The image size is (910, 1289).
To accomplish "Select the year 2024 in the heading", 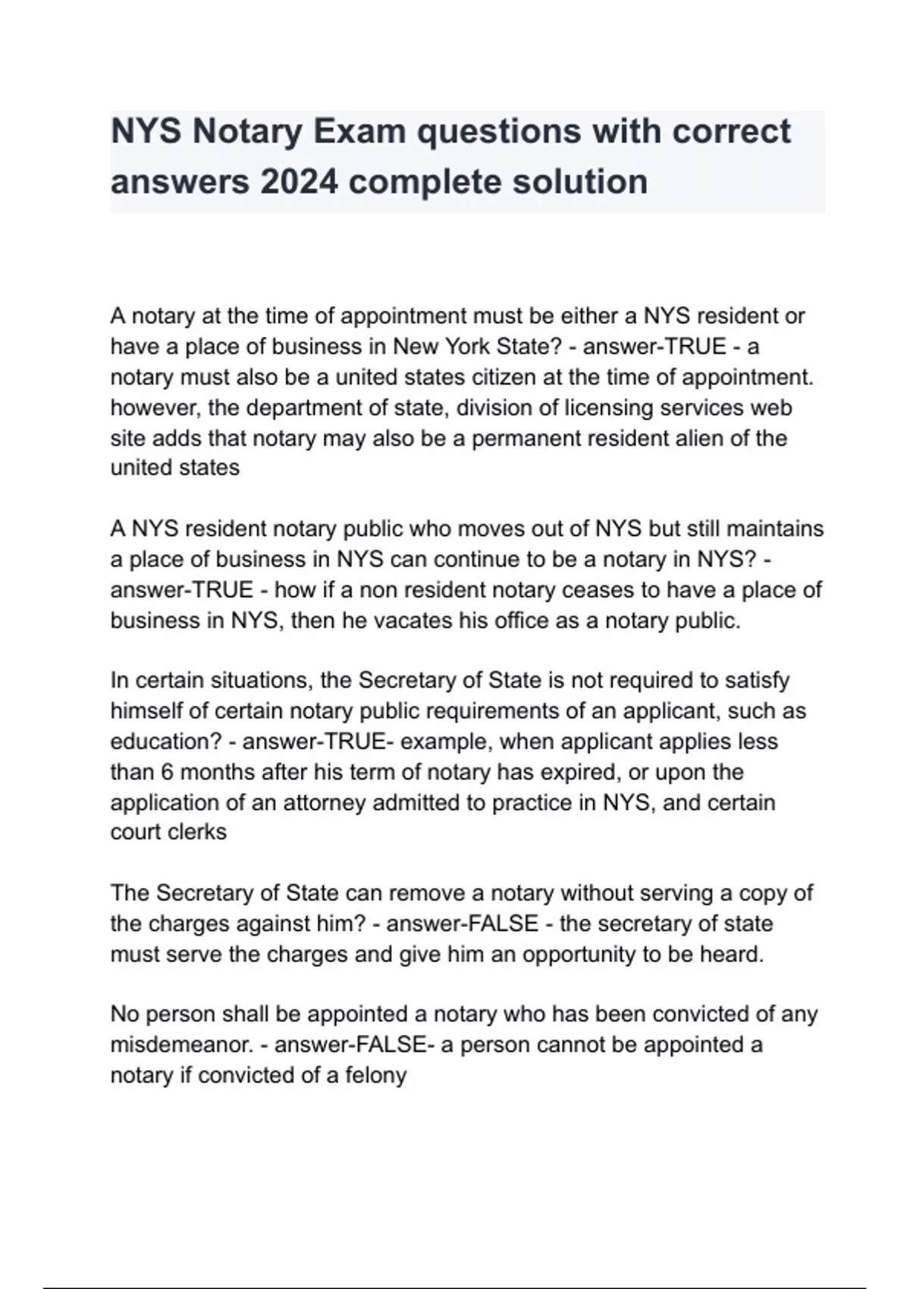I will point(299,182).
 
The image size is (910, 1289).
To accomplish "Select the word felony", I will point(376,1075).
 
